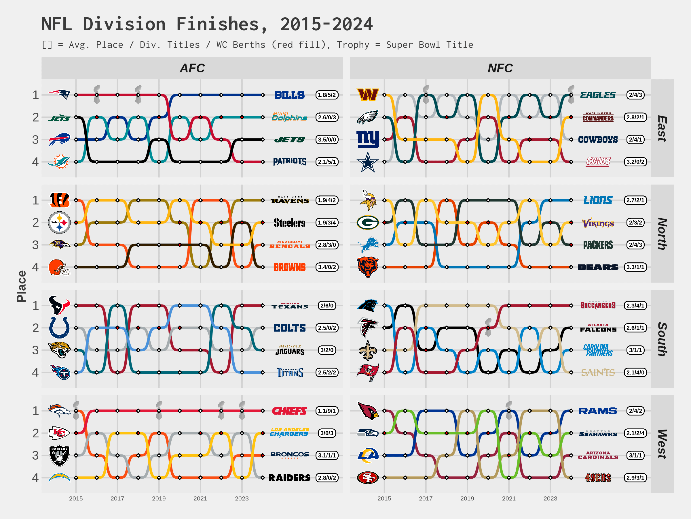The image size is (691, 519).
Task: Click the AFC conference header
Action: click(192, 68)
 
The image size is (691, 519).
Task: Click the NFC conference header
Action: click(500, 68)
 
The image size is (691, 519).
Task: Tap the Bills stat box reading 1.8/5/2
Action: click(327, 95)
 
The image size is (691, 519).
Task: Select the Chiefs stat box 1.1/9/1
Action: click(327, 411)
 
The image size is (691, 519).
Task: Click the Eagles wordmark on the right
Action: click(598, 95)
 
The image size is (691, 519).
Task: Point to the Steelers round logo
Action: click(59, 222)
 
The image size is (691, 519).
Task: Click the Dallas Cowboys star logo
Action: click(368, 162)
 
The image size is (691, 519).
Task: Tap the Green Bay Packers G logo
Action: click(368, 222)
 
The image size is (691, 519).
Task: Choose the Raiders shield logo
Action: click(59, 456)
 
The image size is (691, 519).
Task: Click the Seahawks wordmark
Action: click(598, 433)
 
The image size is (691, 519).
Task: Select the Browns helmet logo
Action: click(59, 268)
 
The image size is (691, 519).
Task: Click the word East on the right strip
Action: click(662, 128)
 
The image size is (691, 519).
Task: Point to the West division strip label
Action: click(662, 444)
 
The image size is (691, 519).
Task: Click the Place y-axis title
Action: click(22, 286)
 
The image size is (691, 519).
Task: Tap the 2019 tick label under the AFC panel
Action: click(159, 498)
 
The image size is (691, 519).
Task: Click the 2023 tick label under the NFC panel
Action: click(550, 498)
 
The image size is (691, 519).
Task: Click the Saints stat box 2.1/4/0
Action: click(635, 372)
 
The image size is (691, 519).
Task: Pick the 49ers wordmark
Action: click(598, 478)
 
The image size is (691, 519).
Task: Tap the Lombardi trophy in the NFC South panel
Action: click(488, 327)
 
